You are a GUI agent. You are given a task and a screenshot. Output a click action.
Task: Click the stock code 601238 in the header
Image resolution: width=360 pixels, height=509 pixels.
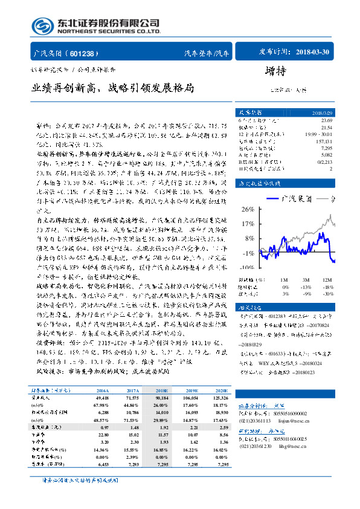[87, 53]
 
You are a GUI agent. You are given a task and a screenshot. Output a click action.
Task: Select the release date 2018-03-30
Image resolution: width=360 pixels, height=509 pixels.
[314, 53]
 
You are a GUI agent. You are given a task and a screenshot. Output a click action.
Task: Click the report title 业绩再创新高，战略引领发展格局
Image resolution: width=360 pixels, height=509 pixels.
[113, 88]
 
